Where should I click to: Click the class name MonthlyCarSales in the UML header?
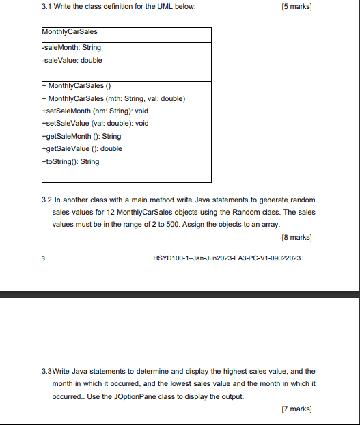(x=69, y=32)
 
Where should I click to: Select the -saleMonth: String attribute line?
(x=72, y=48)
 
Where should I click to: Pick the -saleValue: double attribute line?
(x=72, y=60)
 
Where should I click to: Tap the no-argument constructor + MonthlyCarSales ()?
(x=81, y=86)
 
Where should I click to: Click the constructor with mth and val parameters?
(x=113, y=98)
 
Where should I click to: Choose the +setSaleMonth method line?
(x=95, y=111)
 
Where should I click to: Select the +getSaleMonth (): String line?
(x=81, y=136)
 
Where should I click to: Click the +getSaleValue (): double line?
(x=82, y=148)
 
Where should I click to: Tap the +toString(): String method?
(x=70, y=161)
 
